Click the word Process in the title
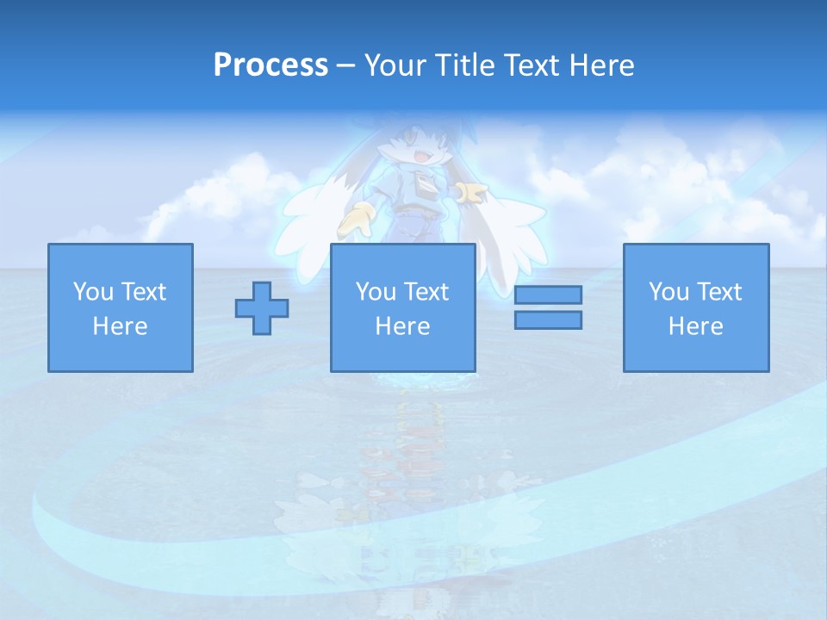270,65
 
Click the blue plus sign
262,308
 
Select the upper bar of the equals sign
548,295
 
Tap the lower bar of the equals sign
548,320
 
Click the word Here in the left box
120,326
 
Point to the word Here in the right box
696,326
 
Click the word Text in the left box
143,292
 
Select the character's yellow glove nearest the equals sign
471,194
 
